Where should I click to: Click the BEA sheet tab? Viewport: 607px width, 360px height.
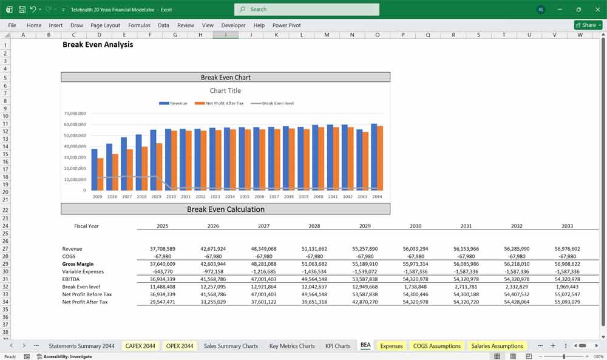(365, 346)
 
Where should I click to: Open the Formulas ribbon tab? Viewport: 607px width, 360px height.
(139, 25)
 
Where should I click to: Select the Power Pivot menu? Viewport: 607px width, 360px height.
(287, 25)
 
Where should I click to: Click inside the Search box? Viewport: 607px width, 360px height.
(307, 9)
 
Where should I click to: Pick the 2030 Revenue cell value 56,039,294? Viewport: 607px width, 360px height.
(415, 249)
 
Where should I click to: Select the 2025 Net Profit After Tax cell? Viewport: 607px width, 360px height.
(163, 302)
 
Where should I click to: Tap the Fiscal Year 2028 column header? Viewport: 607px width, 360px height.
(314, 226)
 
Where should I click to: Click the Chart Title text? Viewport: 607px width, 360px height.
(225, 91)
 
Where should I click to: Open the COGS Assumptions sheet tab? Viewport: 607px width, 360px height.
(436, 346)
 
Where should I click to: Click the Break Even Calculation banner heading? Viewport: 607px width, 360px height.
(225, 209)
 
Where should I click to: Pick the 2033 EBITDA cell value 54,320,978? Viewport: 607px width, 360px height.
(567, 279)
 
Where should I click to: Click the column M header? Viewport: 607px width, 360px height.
(327, 35)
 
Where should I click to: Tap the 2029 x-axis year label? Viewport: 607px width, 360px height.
(156, 197)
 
